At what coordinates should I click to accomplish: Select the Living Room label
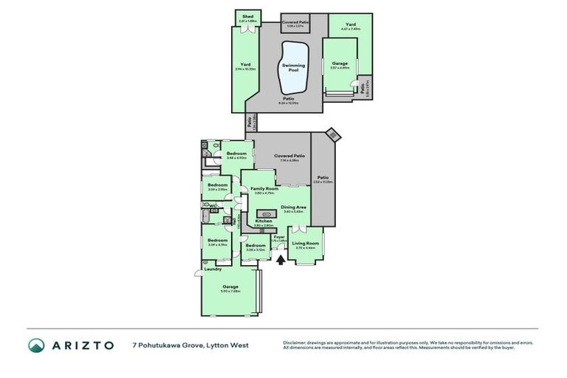306,243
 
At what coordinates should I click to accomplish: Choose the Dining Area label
294,207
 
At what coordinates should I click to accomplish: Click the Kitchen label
264,221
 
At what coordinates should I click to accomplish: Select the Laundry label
213,269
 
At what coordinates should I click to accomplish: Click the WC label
213,206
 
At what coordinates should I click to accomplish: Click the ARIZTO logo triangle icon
36,345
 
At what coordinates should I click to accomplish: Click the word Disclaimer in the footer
295,342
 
